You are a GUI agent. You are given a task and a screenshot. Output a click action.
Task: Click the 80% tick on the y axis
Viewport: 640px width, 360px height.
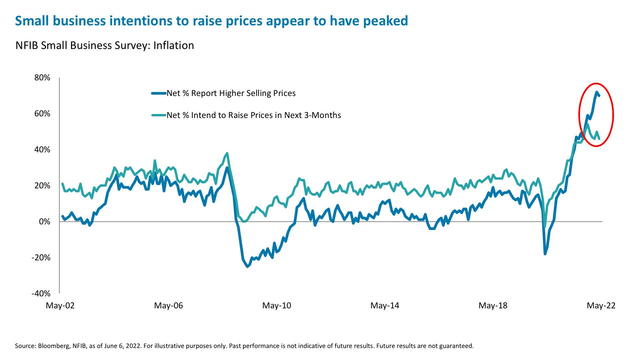[42, 78]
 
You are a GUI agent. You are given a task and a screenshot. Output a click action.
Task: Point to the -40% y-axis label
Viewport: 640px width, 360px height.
[41, 294]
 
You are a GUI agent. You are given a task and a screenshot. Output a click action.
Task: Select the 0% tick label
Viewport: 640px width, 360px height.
[45, 222]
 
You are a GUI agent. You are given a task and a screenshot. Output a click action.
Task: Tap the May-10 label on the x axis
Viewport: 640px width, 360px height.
[277, 305]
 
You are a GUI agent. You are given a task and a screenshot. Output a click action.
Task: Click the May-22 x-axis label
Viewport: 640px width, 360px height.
[601, 305]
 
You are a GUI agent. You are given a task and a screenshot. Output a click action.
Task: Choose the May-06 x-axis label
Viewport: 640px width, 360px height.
[168, 305]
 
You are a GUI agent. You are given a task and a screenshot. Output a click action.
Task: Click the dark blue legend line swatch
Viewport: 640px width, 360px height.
[159, 93]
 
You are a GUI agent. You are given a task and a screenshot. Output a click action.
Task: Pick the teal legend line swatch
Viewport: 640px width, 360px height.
[159, 115]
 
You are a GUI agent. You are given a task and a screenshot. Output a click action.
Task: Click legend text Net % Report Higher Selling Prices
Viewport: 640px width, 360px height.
[231, 93]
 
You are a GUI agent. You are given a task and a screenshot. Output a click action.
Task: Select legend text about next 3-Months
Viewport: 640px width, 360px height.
[254, 115]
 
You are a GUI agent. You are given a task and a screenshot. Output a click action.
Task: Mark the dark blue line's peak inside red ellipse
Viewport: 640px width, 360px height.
[597, 92]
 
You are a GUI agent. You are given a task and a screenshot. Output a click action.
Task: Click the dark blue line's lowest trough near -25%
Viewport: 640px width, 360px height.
[247, 267]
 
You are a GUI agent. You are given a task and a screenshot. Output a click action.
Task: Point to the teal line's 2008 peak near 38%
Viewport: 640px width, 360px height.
[227, 153]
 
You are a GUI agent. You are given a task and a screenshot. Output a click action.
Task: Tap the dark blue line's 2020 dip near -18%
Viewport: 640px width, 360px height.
[545, 254]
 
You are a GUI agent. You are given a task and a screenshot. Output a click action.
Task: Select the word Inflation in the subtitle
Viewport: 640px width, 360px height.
[173, 45]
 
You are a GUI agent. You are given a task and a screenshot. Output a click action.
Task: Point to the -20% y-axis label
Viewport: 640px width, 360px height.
[41, 258]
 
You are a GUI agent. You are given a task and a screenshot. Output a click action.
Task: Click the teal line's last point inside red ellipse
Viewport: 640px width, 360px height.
[599, 139]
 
